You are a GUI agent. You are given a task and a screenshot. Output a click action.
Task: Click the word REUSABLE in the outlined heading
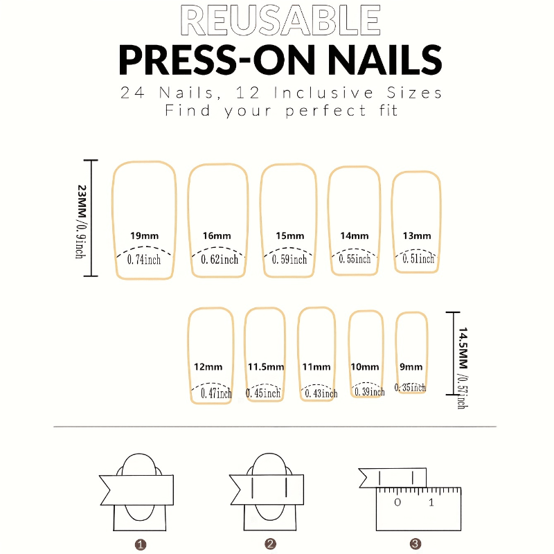(280, 21)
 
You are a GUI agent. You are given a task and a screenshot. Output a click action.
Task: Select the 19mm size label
(144, 235)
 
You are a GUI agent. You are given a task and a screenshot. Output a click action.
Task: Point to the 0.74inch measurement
(144, 260)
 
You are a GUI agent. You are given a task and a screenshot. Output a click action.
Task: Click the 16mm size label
(217, 235)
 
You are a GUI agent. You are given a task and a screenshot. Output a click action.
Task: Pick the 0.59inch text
(289, 260)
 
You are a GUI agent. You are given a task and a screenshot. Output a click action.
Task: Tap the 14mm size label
(355, 235)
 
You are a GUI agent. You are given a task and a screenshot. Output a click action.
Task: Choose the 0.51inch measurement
(418, 258)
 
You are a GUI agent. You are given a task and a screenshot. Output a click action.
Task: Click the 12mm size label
(208, 367)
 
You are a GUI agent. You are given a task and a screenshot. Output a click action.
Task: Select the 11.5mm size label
(266, 367)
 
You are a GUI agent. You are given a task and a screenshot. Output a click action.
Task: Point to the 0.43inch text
(321, 393)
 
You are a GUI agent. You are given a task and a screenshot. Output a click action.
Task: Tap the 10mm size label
(365, 367)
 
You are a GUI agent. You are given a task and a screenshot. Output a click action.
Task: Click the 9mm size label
(411, 367)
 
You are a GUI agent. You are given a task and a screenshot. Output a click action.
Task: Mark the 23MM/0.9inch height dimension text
(81, 222)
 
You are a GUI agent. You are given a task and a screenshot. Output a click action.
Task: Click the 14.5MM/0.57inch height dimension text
(463, 368)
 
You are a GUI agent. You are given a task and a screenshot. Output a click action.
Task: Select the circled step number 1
(141, 544)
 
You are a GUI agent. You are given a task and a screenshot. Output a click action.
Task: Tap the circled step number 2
(270, 544)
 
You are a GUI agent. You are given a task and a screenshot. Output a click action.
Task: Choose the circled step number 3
(415, 544)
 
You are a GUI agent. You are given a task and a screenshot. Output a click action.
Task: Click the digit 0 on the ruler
(397, 502)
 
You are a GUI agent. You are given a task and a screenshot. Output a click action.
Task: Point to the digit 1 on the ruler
(431, 502)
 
